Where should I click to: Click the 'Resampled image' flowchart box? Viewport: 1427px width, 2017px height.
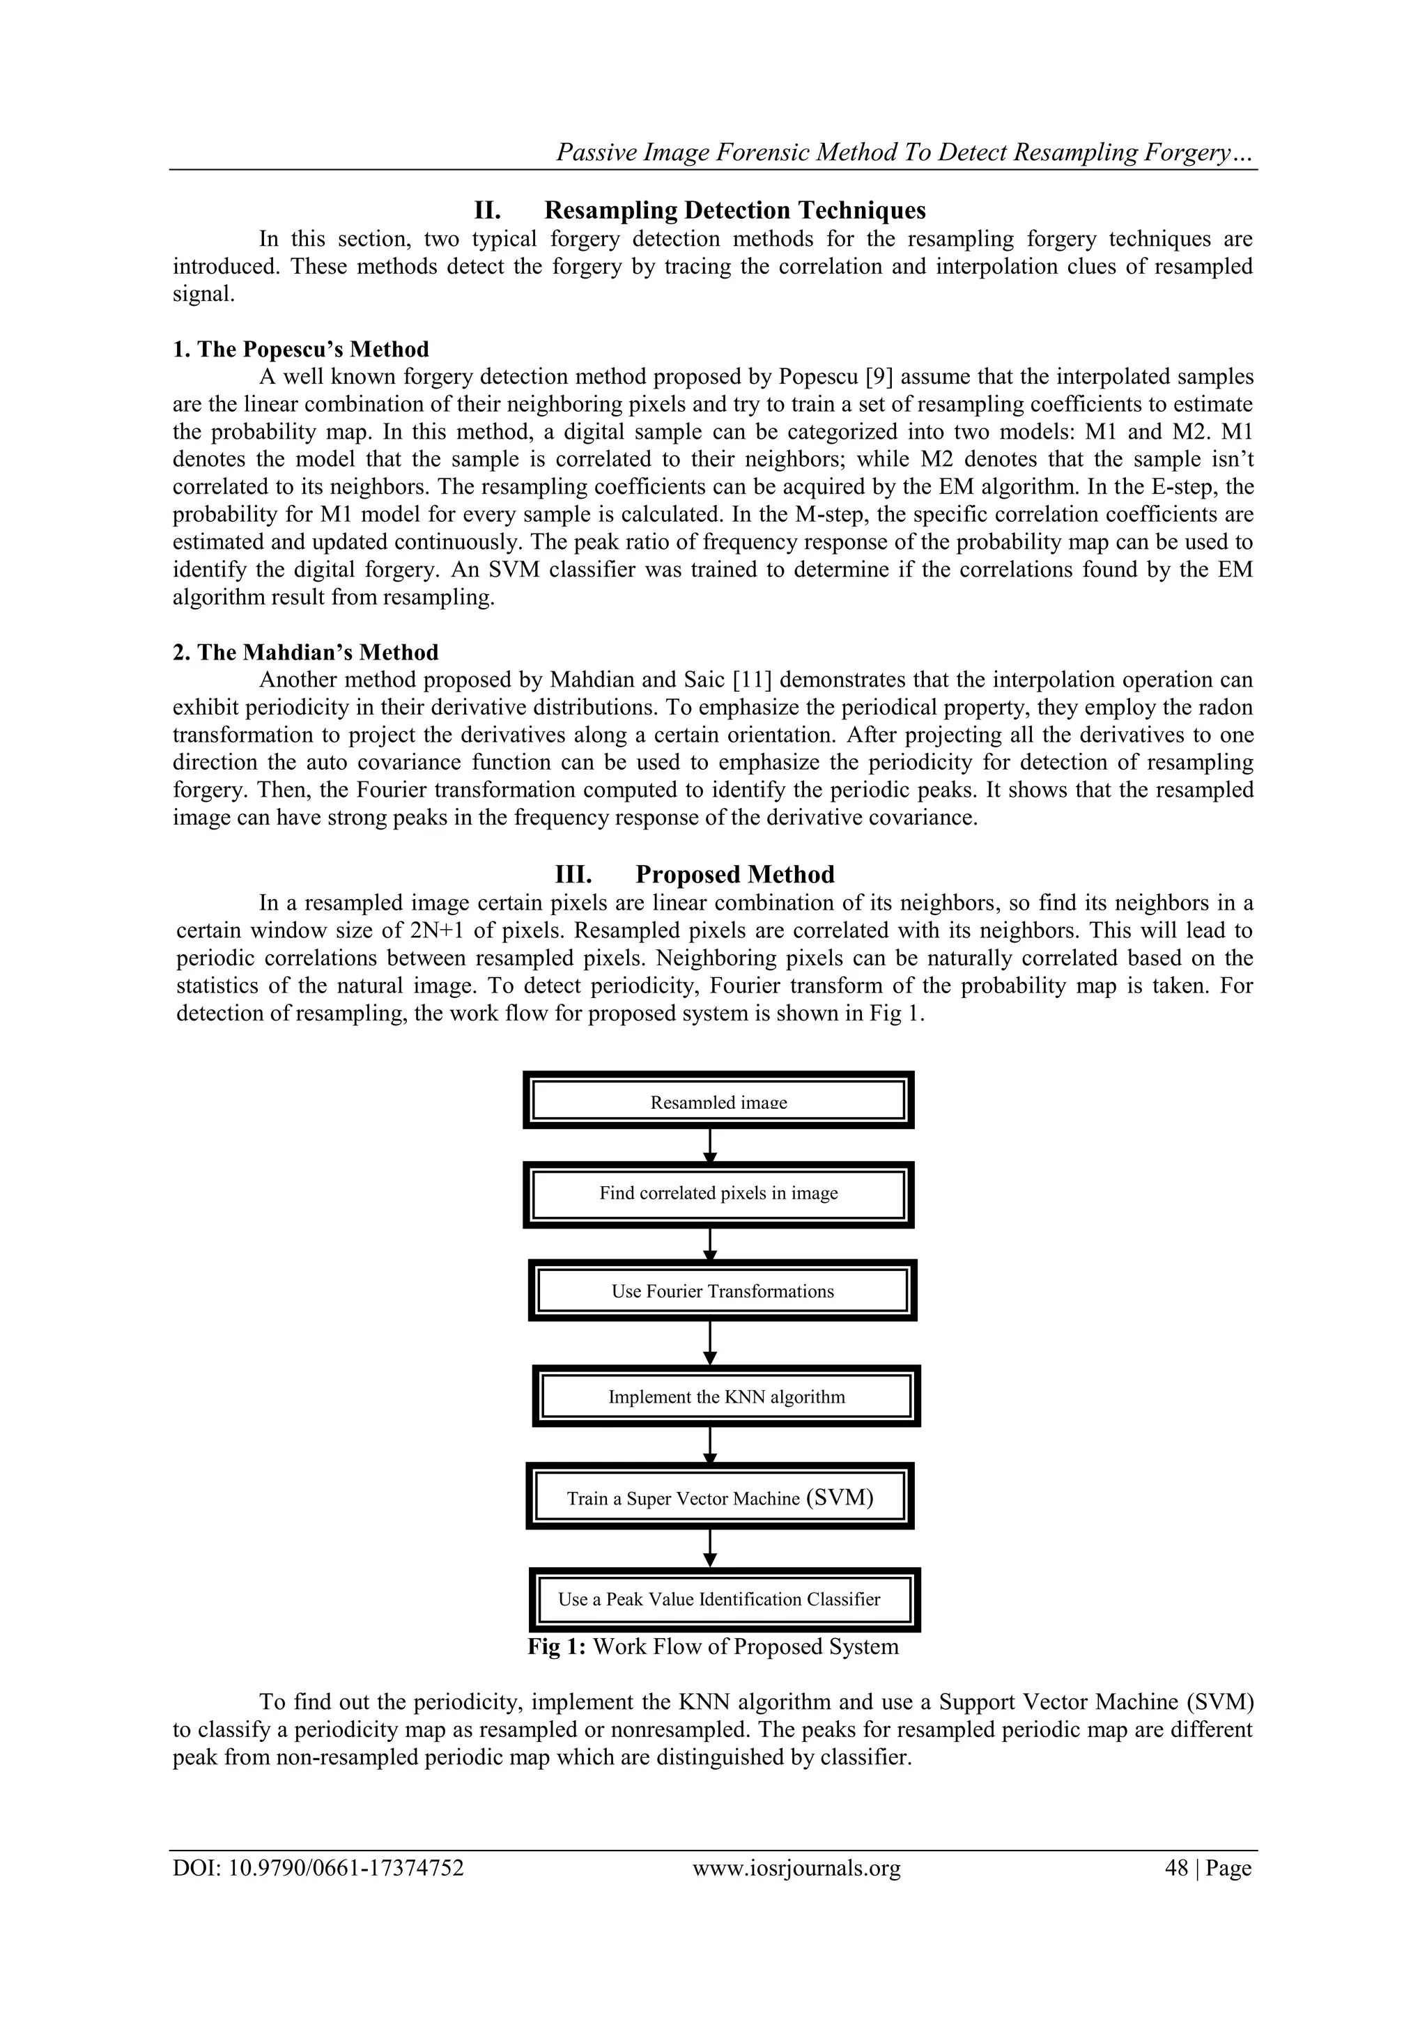pos(718,1100)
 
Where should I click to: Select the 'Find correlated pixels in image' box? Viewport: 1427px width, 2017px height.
pos(718,1193)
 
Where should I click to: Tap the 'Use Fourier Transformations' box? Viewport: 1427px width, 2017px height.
pos(723,1291)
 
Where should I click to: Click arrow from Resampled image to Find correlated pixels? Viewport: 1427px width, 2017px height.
pos(710,1146)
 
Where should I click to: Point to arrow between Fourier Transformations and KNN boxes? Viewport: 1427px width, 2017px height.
pos(710,1342)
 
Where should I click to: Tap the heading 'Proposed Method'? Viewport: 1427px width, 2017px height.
pos(734,874)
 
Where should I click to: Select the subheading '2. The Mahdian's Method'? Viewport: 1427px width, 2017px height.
pos(305,653)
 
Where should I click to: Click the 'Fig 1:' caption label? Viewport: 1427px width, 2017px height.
pos(557,1646)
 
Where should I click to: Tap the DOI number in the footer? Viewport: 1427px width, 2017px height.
pos(318,1868)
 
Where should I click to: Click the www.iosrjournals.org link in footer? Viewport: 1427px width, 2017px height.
pos(796,1868)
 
